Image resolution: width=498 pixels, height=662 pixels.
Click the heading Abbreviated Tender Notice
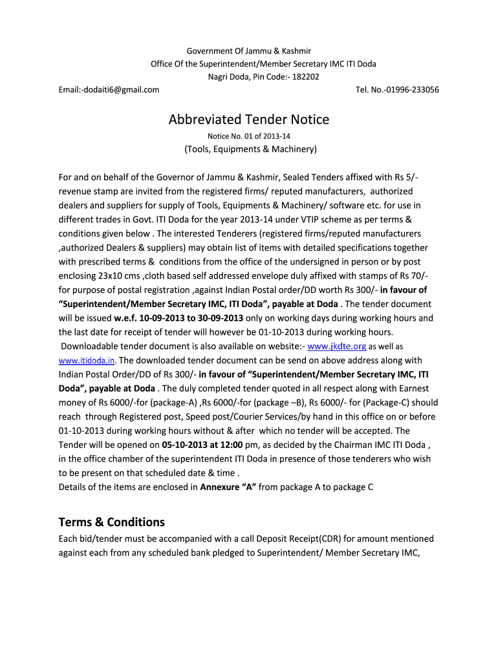[x=249, y=120]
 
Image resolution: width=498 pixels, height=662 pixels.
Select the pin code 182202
[x=305, y=76]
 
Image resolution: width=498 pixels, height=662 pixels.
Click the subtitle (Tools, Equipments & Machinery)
[x=250, y=149]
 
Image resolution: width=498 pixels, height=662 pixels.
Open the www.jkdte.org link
[x=337, y=346]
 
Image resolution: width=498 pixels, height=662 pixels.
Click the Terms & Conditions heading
[x=111, y=522]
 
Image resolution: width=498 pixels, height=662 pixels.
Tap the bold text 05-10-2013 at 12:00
[x=202, y=444]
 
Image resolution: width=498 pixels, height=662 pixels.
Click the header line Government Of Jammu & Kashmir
[x=249, y=50]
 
